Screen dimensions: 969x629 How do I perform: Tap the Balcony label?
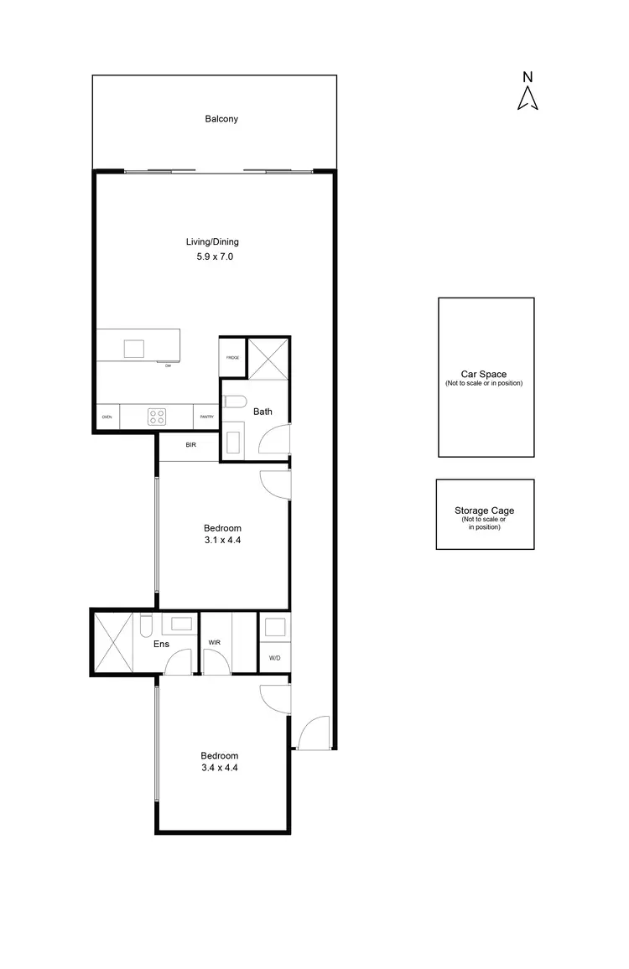pos(221,119)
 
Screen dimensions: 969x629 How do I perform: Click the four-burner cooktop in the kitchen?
pos(157,416)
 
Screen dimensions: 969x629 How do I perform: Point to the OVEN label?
pos(107,417)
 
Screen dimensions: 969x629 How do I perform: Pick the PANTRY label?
pos(205,417)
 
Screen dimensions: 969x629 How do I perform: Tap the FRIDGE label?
pos(232,358)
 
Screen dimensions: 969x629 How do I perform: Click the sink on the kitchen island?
pos(133,348)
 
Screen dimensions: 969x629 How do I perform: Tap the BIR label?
pos(190,445)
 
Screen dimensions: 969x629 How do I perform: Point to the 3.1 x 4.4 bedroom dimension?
pos(222,541)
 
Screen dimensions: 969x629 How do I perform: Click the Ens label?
pos(162,645)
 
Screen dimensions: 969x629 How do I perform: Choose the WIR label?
pos(215,642)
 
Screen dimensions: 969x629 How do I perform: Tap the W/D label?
pos(274,659)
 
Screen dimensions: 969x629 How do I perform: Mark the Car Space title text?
pos(484,375)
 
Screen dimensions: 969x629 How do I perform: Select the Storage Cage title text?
pos(484,510)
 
